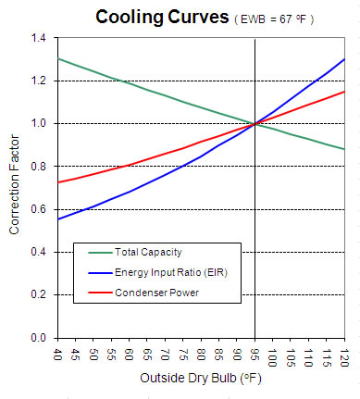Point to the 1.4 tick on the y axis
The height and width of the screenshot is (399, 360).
click(37, 38)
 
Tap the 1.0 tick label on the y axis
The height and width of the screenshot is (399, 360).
click(37, 123)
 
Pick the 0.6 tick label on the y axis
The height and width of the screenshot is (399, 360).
click(37, 209)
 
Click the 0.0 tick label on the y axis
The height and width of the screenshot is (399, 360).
click(37, 338)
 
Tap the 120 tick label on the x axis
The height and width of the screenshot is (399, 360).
click(344, 355)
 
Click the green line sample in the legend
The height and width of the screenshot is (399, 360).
click(97, 252)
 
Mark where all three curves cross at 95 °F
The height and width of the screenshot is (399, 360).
click(254, 123)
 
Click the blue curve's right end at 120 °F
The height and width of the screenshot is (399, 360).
click(343, 59)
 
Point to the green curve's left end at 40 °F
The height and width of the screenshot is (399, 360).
click(57, 58)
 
